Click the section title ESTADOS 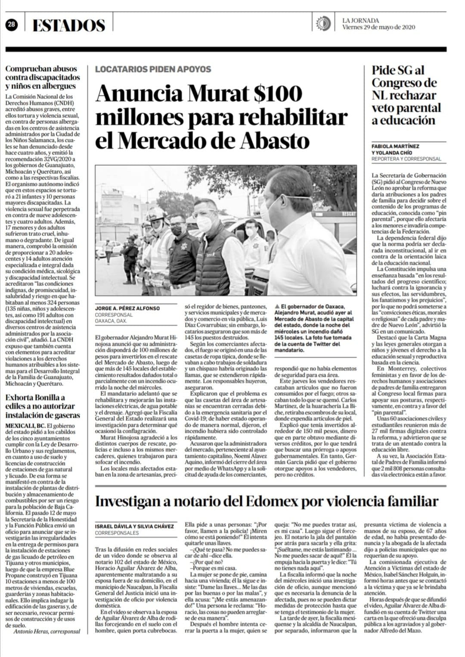(69, 25)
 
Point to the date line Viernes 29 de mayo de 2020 (378, 27)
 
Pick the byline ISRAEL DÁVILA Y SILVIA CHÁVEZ (134, 526)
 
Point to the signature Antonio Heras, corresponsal (47, 631)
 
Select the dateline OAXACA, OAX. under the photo (111, 321)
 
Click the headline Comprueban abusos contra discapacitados (43, 77)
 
